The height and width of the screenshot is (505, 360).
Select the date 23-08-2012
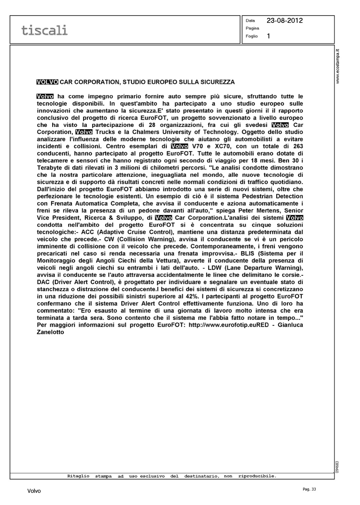click(x=285, y=21)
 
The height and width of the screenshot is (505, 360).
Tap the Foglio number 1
click(x=268, y=36)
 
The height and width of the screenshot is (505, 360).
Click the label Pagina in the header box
click(x=252, y=28)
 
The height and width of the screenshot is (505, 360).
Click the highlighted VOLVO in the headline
click(x=47, y=82)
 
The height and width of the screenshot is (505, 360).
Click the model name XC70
click(x=225, y=146)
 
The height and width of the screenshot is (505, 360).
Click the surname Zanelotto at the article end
click(x=51, y=332)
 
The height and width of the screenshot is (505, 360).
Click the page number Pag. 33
click(x=309, y=489)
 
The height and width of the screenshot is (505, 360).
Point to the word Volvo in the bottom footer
click(x=34, y=491)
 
